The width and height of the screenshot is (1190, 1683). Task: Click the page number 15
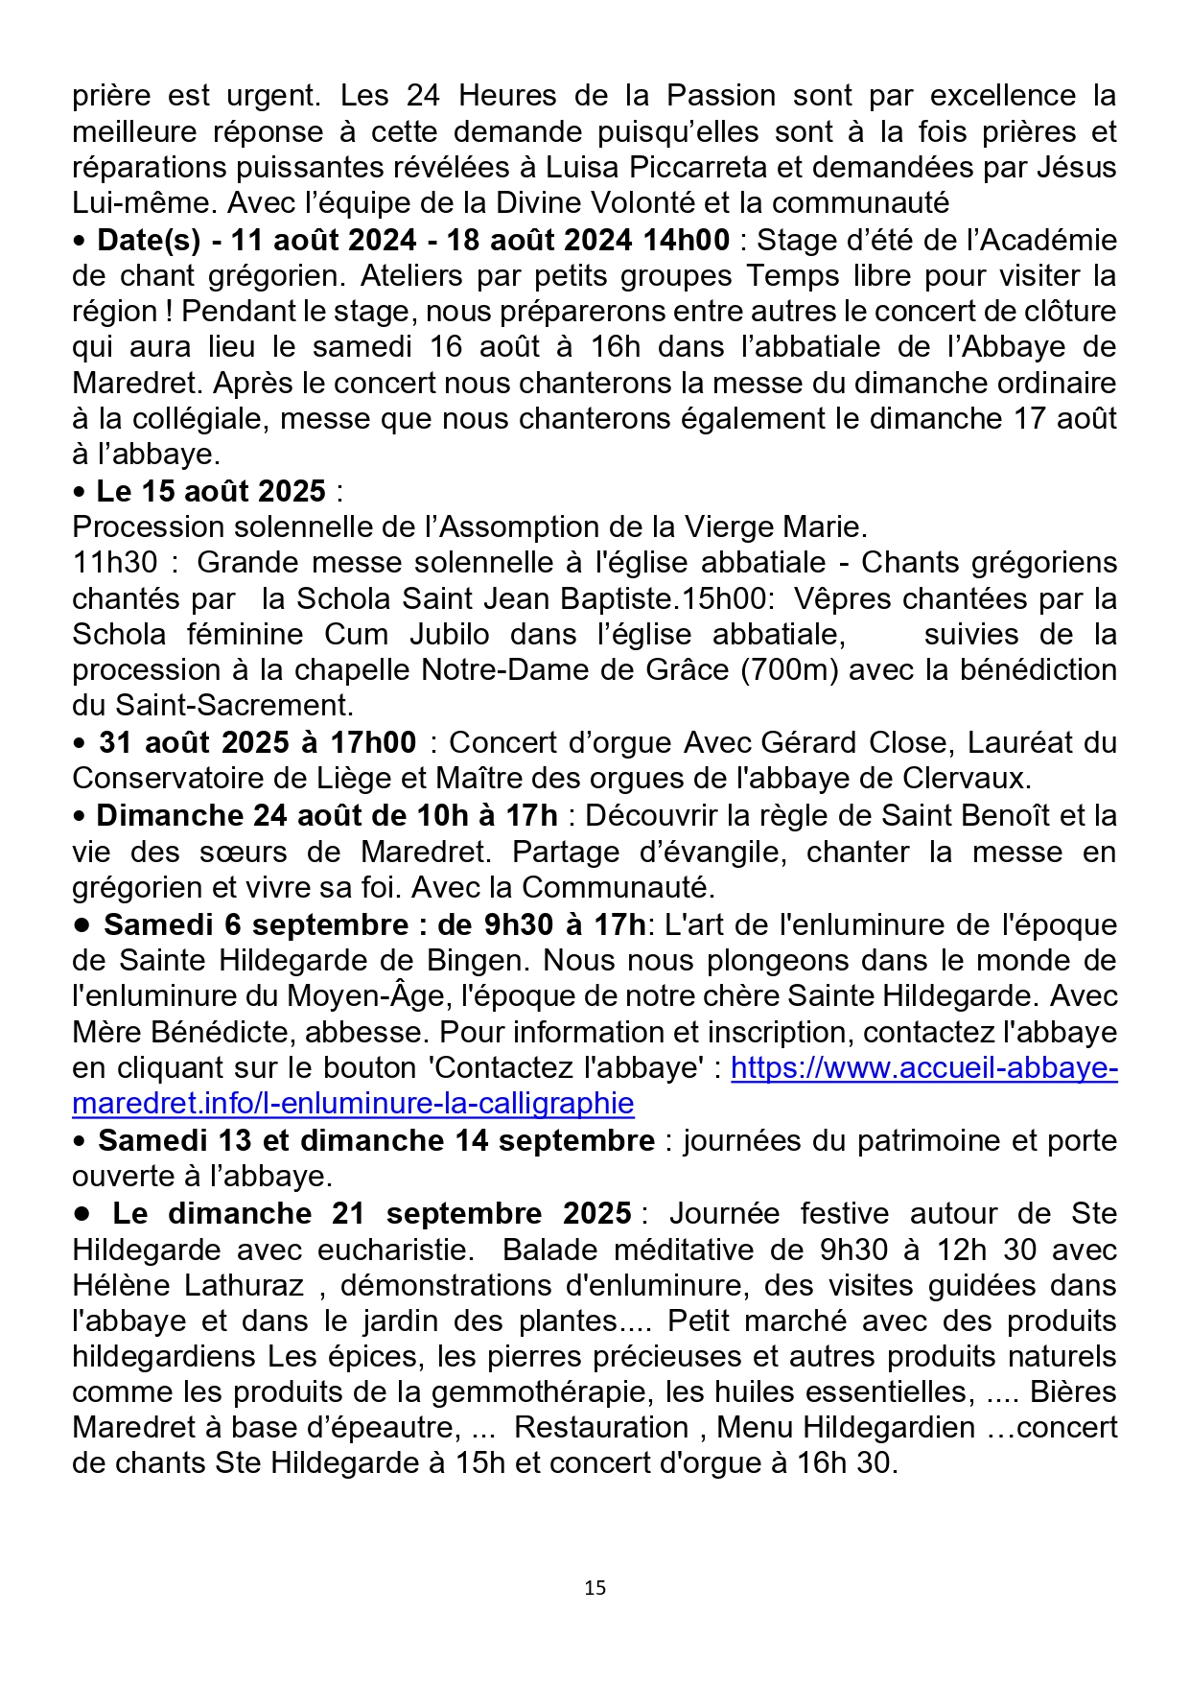(595, 1588)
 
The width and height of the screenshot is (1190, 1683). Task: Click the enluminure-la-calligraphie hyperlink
(353, 1104)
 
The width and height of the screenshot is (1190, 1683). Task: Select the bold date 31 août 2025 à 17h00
(257, 743)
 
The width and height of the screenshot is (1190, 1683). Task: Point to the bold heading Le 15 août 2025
(211, 492)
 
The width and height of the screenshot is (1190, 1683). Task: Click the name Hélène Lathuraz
(188, 1286)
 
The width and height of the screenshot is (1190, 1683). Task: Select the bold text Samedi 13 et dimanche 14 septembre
(376, 1141)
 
